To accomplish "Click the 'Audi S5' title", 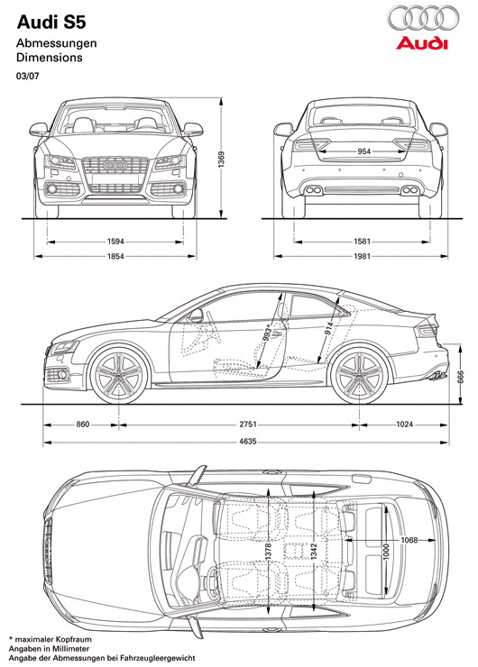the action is tap(51, 23).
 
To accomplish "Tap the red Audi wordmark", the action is tap(422, 43).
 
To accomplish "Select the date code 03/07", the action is tap(27, 77).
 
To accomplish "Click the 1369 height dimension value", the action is tap(221, 160).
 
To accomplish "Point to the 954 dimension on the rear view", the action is tap(364, 151).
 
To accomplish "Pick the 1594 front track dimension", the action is tap(115, 242).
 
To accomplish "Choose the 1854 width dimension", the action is tap(115, 256).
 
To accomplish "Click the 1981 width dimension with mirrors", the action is tap(363, 256).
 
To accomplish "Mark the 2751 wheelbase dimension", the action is tap(248, 425).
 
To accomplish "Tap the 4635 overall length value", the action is tap(248, 442).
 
